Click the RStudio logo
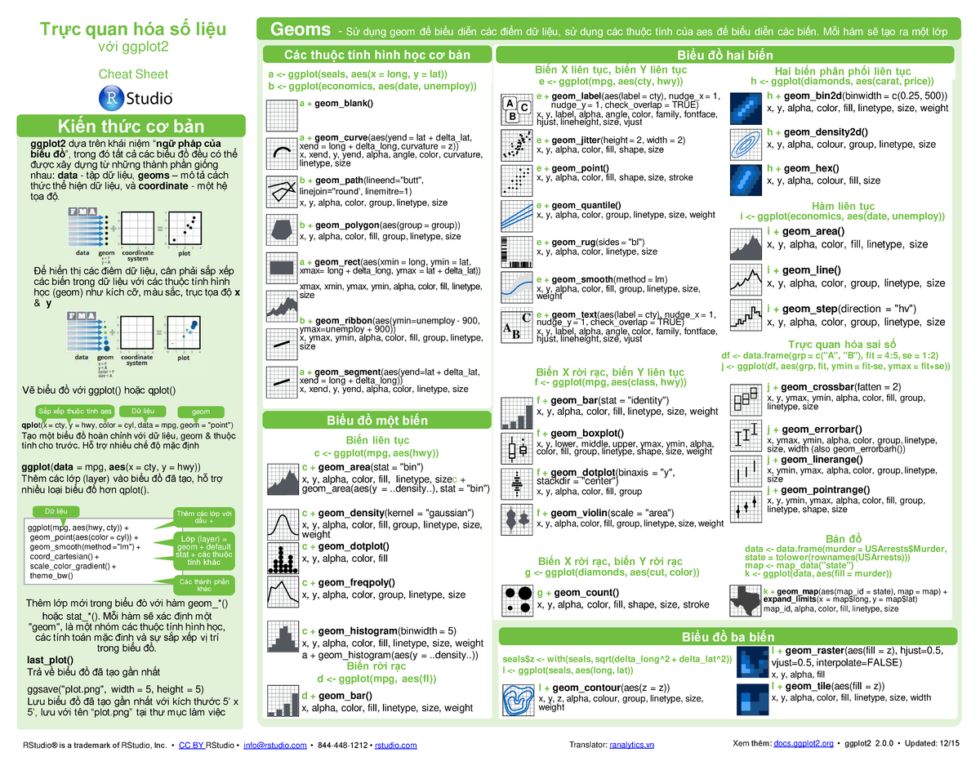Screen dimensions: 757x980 coord(134,98)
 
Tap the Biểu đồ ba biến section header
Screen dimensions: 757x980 coord(727,637)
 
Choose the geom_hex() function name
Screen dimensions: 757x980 coord(816,168)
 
